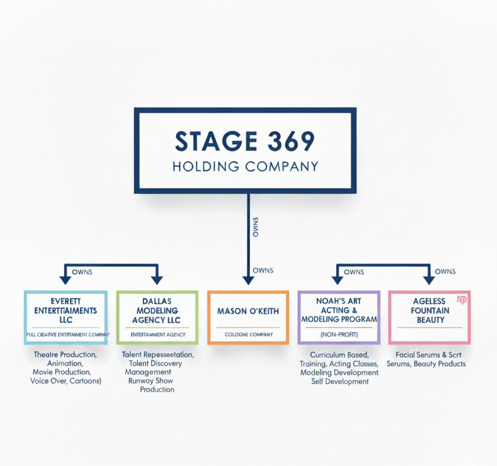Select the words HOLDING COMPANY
point(245,166)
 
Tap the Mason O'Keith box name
point(248,311)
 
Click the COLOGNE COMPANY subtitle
point(249,335)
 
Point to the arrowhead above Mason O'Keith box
point(248,280)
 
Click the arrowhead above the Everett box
point(65,280)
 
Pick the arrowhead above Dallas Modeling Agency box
point(157,280)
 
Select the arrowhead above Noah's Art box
point(337,280)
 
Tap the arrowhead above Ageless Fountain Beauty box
point(429,280)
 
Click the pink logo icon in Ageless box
point(462,300)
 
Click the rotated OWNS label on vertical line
point(255,227)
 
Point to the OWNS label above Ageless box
point(445,272)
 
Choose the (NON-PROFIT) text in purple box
point(339,335)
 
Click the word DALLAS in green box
point(157,301)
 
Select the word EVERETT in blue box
point(65,301)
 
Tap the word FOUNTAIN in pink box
point(430,311)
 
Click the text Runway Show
point(150,381)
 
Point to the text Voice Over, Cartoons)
point(66,381)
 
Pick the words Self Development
point(340,381)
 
